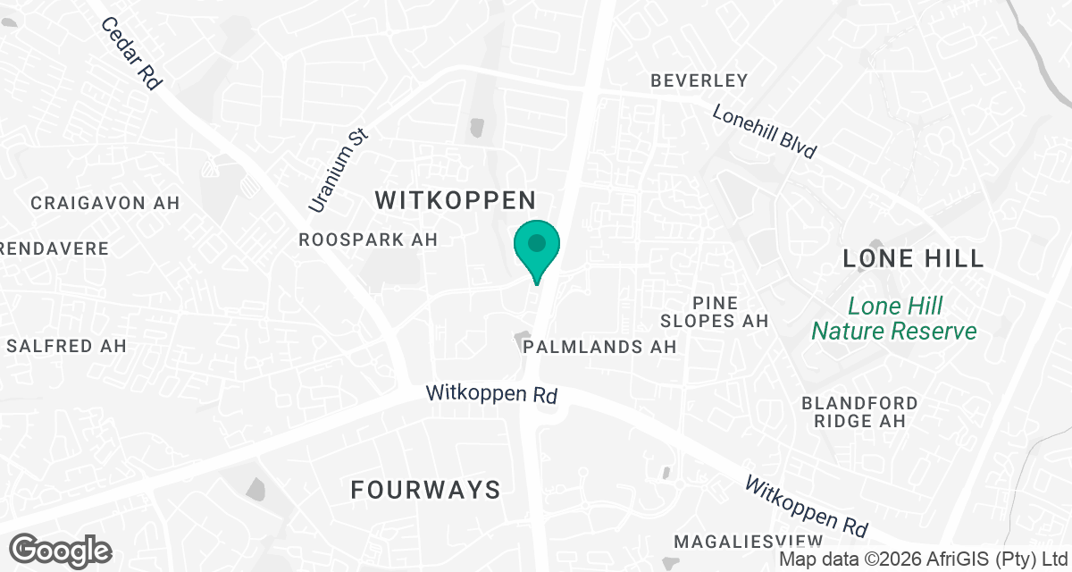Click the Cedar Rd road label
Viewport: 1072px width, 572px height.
coord(130,54)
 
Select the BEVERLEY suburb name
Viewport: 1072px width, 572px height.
coord(699,80)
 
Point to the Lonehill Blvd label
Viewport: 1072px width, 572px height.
coord(765,132)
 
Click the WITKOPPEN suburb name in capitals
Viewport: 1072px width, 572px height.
coord(456,200)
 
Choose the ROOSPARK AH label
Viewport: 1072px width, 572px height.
coord(368,240)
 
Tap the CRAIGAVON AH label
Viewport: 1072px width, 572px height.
coord(105,203)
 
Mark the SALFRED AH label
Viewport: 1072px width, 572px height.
coord(66,345)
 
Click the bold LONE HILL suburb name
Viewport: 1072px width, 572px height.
coord(913,259)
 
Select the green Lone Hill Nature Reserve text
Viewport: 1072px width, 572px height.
coord(894,318)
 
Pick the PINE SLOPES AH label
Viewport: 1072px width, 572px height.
coord(714,311)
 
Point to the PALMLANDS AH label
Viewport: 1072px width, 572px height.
coord(600,346)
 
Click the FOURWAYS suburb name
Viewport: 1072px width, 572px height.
coord(425,490)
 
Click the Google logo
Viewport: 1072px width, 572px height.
coord(61,551)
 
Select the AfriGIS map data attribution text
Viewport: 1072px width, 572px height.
coord(923,559)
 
